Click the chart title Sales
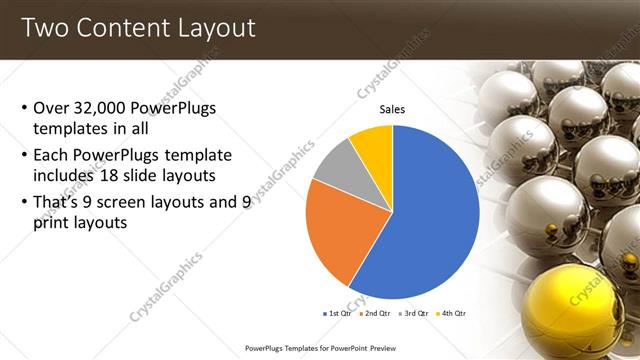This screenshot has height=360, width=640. click(x=393, y=110)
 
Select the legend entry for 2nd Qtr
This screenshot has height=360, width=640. click(x=372, y=313)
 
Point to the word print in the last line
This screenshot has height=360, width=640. click(x=52, y=223)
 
